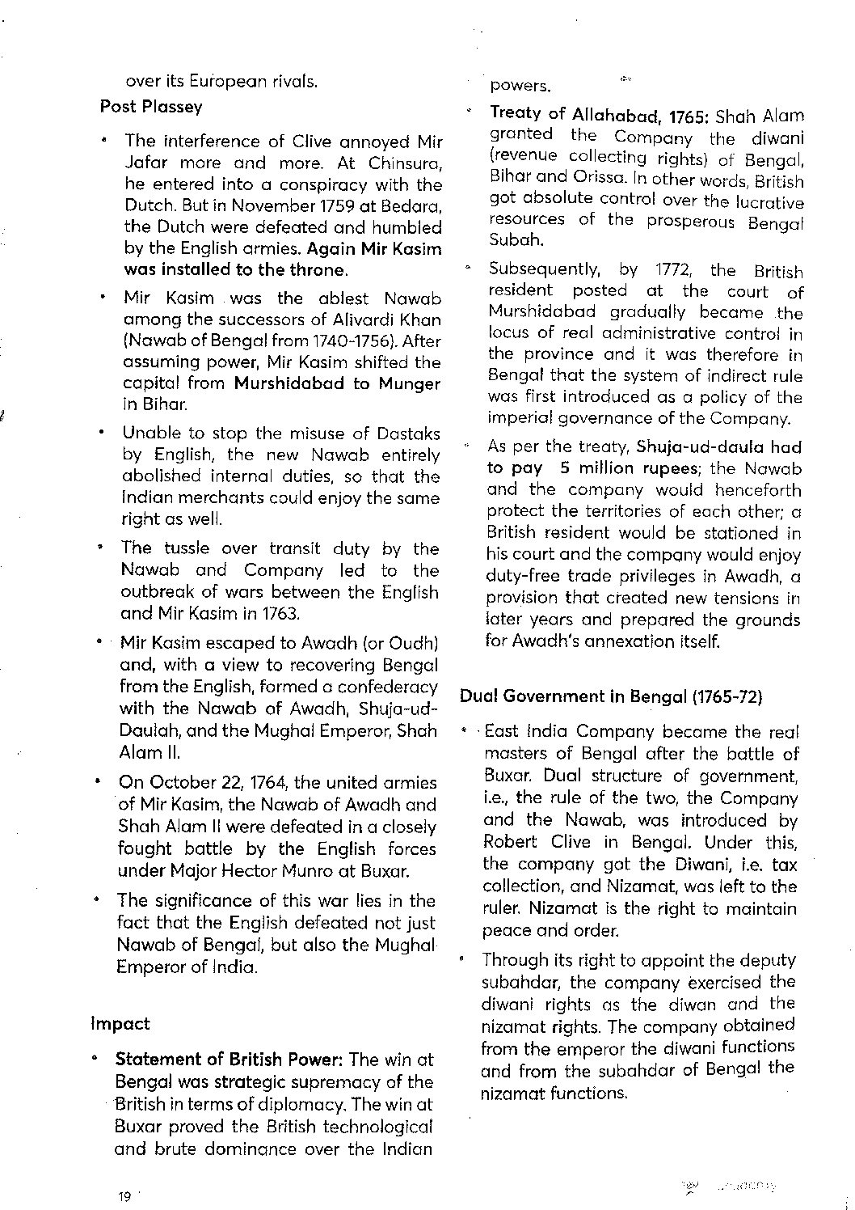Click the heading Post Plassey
[x=151, y=107]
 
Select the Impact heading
[x=120, y=1024]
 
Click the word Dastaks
[x=408, y=434]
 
